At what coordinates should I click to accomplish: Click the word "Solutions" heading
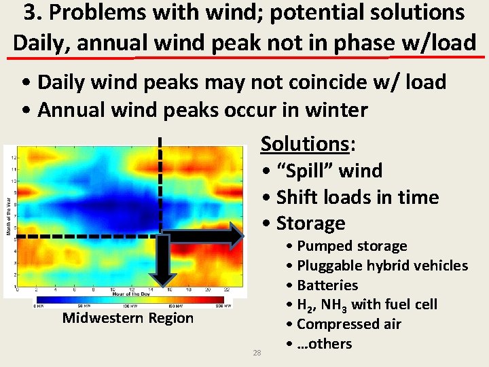point(304,143)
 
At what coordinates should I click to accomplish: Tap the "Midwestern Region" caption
point(128,318)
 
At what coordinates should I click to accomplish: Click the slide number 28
point(257,352)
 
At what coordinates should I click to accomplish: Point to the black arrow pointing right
point(204,237)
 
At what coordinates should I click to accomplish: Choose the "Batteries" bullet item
point(327,285)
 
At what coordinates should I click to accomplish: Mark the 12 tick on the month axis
point(14,157)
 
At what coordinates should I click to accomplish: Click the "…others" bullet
point(324,344)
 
